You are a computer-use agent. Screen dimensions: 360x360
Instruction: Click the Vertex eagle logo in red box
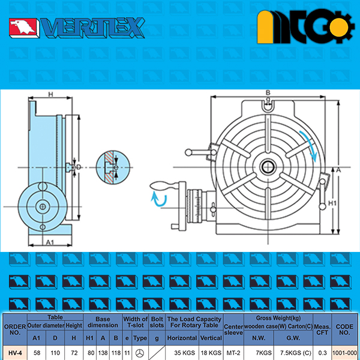pyautogui.click(x=23, y=28)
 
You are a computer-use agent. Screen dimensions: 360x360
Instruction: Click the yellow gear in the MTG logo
pyautogui.click(x=338, y=28)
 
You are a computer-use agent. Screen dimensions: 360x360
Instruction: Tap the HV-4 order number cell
pyautogui.click(x=15, y=353)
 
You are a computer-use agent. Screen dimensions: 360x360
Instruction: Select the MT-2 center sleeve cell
pyautogui.click(x=233, y=353)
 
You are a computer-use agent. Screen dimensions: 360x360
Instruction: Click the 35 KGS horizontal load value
pyautogui.click(x=184, y=353)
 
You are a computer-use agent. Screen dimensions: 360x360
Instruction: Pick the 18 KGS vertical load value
pyautogui.click(x=211, y=353)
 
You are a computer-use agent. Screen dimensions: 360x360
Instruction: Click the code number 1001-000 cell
pyautogui.click(x=344, y=353)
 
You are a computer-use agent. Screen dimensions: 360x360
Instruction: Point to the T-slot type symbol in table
pyautogui.click(x=140, y=353)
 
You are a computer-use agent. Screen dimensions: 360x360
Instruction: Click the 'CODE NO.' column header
pyautogui.click(x=344, y=329)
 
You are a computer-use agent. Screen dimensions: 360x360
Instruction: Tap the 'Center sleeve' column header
pyautogui.click(x=233, y=329)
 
